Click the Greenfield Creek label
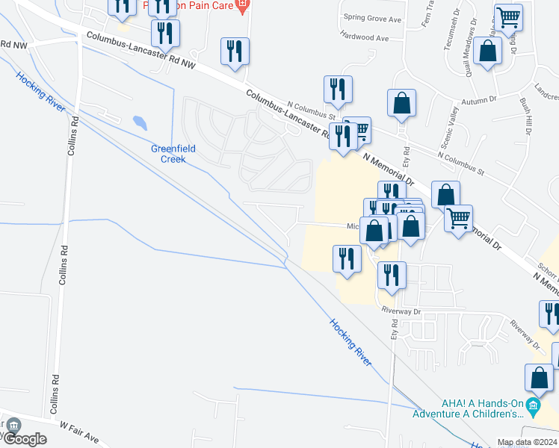pos(173,154)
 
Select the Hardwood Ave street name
pos(364,36)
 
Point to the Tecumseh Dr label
pos(449,34)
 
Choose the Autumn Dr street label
pos(479,100)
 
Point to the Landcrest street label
pos(546,96)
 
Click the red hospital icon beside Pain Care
pos(241,6)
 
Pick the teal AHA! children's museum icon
pos(533,407)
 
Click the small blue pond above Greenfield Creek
pos(140,122)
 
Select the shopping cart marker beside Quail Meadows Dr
pos(508,18)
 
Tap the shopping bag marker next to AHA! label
pos(539,380)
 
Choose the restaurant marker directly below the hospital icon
pos(235,52)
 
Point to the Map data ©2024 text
pos(527,442)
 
